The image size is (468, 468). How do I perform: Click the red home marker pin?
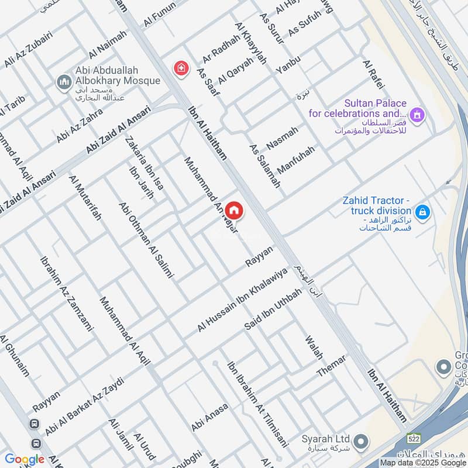pos(233,210)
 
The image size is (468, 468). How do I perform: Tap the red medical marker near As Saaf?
pos(181,68)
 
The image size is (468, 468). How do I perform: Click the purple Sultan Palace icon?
pos(417,113)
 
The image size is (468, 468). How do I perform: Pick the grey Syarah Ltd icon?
pos(361,440)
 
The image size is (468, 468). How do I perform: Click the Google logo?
pos(25,459)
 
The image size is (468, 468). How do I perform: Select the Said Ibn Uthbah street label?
pos(273,309)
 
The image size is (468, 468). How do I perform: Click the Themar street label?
pos(332,366)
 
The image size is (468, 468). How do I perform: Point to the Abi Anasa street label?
pos(209,418)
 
